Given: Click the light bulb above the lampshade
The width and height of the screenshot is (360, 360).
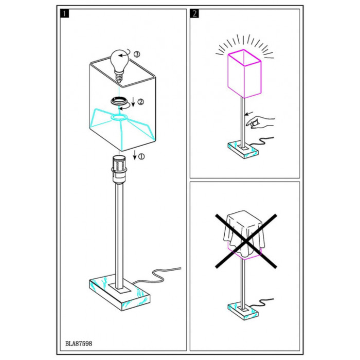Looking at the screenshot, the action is click(x=120, y=65).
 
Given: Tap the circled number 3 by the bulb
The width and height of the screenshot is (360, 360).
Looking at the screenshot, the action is click(x=137, y=55).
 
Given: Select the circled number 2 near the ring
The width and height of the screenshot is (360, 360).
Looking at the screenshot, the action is click(x=140, y=102).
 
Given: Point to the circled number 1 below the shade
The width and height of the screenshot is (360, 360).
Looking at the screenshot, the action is click(x=142, y=156).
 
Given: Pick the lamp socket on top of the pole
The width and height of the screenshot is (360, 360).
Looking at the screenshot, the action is click(x=119, y=169).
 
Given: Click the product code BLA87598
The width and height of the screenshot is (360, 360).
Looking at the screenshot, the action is click(x=79, y=344).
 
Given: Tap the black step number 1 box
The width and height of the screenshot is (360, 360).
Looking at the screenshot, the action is click(x=64, y=13).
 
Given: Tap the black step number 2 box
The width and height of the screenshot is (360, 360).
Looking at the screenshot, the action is click(x=194, y=13).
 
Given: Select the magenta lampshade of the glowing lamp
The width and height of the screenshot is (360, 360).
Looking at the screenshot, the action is click(x=244, y=74).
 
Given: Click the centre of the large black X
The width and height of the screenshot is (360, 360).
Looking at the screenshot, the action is click(x=246, y=241).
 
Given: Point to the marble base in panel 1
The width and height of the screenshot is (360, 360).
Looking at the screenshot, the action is click(x=119, y=292).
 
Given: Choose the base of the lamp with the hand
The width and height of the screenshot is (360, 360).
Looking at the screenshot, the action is click(x=243, y=150).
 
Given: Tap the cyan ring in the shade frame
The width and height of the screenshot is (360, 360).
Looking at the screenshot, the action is click(x=119, y=117).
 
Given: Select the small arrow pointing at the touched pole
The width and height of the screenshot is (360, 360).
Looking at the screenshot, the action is click(x=249, y=113).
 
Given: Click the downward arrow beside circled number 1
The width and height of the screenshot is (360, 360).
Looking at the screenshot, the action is click(x=135, y=155).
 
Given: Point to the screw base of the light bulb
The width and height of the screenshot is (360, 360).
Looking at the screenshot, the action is click(x=119, y=77).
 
